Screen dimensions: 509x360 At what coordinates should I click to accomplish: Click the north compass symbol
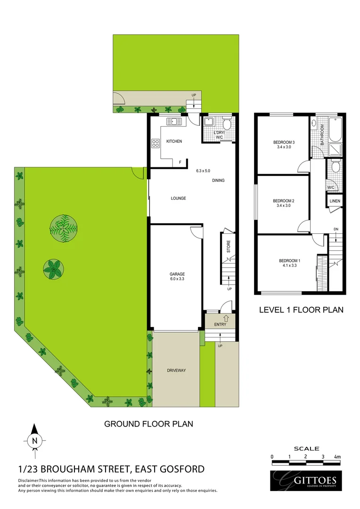(x=34, y=440)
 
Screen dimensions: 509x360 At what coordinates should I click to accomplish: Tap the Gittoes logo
(x=307, y=481)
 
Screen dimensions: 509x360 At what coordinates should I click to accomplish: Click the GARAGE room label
(x=177, y=274)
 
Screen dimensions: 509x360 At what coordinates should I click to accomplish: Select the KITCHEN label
(x=173, y=141)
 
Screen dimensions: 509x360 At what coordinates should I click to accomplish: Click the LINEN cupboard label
(x=335, y=201)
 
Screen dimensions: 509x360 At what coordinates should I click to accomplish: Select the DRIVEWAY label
(x=176, y=370)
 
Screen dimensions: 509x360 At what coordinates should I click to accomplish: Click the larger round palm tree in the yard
(x=63, y=228)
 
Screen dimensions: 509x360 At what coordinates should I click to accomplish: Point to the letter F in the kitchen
(x=180, y=163)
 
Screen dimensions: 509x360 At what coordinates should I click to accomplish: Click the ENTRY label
(x=220, y=324)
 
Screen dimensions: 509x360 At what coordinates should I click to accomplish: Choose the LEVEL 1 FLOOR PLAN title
(x=301, y=310)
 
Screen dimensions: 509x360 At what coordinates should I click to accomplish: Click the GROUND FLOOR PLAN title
(x=148, y=424)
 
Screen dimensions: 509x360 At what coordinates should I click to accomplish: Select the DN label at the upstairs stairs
(x=335, y=230)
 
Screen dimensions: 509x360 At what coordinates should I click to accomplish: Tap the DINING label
(x=218, y=181)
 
